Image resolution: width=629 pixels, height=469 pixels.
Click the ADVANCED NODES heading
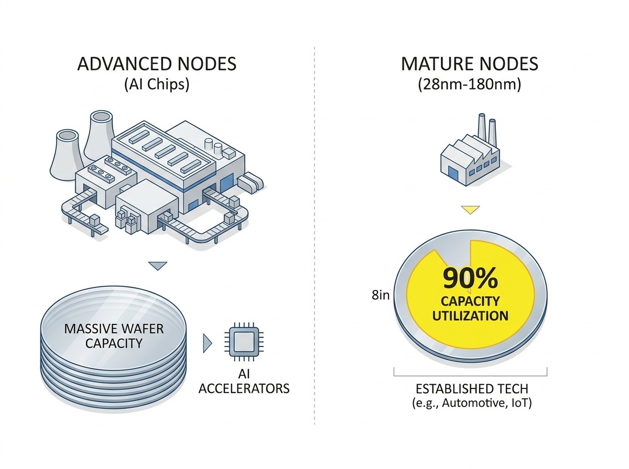[x=157, y=63]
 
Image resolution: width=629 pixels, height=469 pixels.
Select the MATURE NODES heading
[x=469, y=63]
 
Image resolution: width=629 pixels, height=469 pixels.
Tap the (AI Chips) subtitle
[x=157, y=84]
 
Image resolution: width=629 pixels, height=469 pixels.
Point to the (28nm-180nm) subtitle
[x=469, y=84]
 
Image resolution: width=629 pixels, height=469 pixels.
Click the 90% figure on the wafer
[x=470, y=278]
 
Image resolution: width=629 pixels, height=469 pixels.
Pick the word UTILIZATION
[x=470, y=316]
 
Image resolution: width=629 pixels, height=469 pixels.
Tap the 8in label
[x=381, y=295]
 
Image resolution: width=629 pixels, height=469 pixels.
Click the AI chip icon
[x=244, y=342]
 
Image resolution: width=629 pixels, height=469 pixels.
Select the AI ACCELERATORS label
[x=244, y=381]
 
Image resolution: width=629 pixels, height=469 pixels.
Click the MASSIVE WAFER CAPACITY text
[x=114, y=336]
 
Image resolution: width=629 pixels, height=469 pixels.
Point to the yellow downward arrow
[x=470, y=210]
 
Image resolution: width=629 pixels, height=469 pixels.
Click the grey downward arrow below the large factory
[x=158, y=266]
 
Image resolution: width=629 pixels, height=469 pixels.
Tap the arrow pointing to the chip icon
[x=207, y=343]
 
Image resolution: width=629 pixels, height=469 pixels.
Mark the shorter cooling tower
[x=67, y=155]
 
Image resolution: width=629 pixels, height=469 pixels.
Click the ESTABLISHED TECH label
[x=472, y=389]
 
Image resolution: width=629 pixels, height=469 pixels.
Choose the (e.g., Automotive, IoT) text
[x=472, y=403]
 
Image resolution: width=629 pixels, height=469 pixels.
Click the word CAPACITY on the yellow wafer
[x=470, y=301]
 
